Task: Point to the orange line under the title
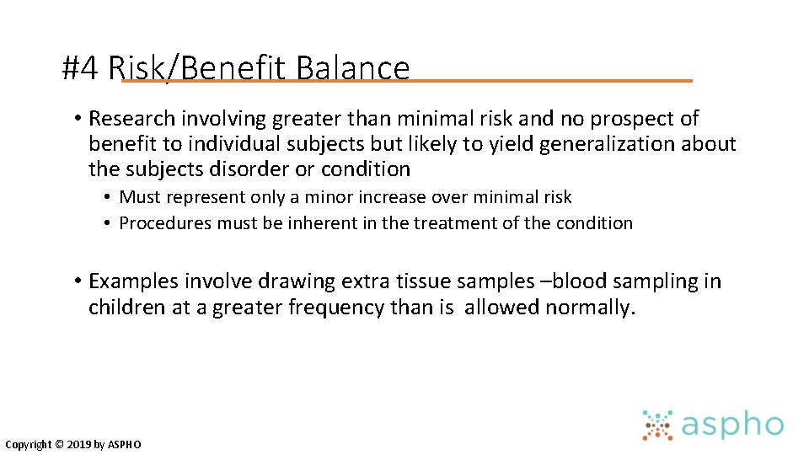tap(548, 81)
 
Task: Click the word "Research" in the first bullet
tap(134, 119)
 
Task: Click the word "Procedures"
tap(165, 223)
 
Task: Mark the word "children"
tap(126, 308)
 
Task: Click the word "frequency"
tap(337, 308)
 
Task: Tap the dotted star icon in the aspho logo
tap(658, 426)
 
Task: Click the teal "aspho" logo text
tap(731, 426)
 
